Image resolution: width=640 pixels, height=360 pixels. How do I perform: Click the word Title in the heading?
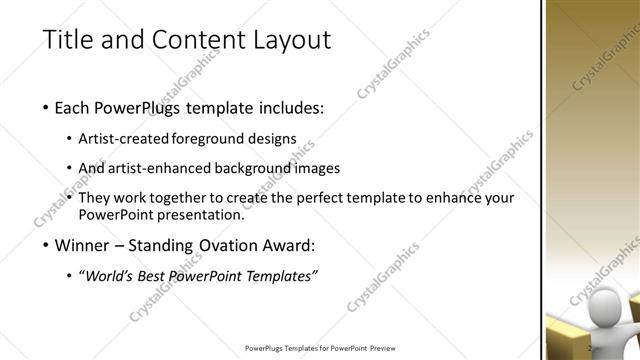[67, 41]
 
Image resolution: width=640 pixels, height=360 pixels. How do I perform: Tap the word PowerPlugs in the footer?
[266, 349]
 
